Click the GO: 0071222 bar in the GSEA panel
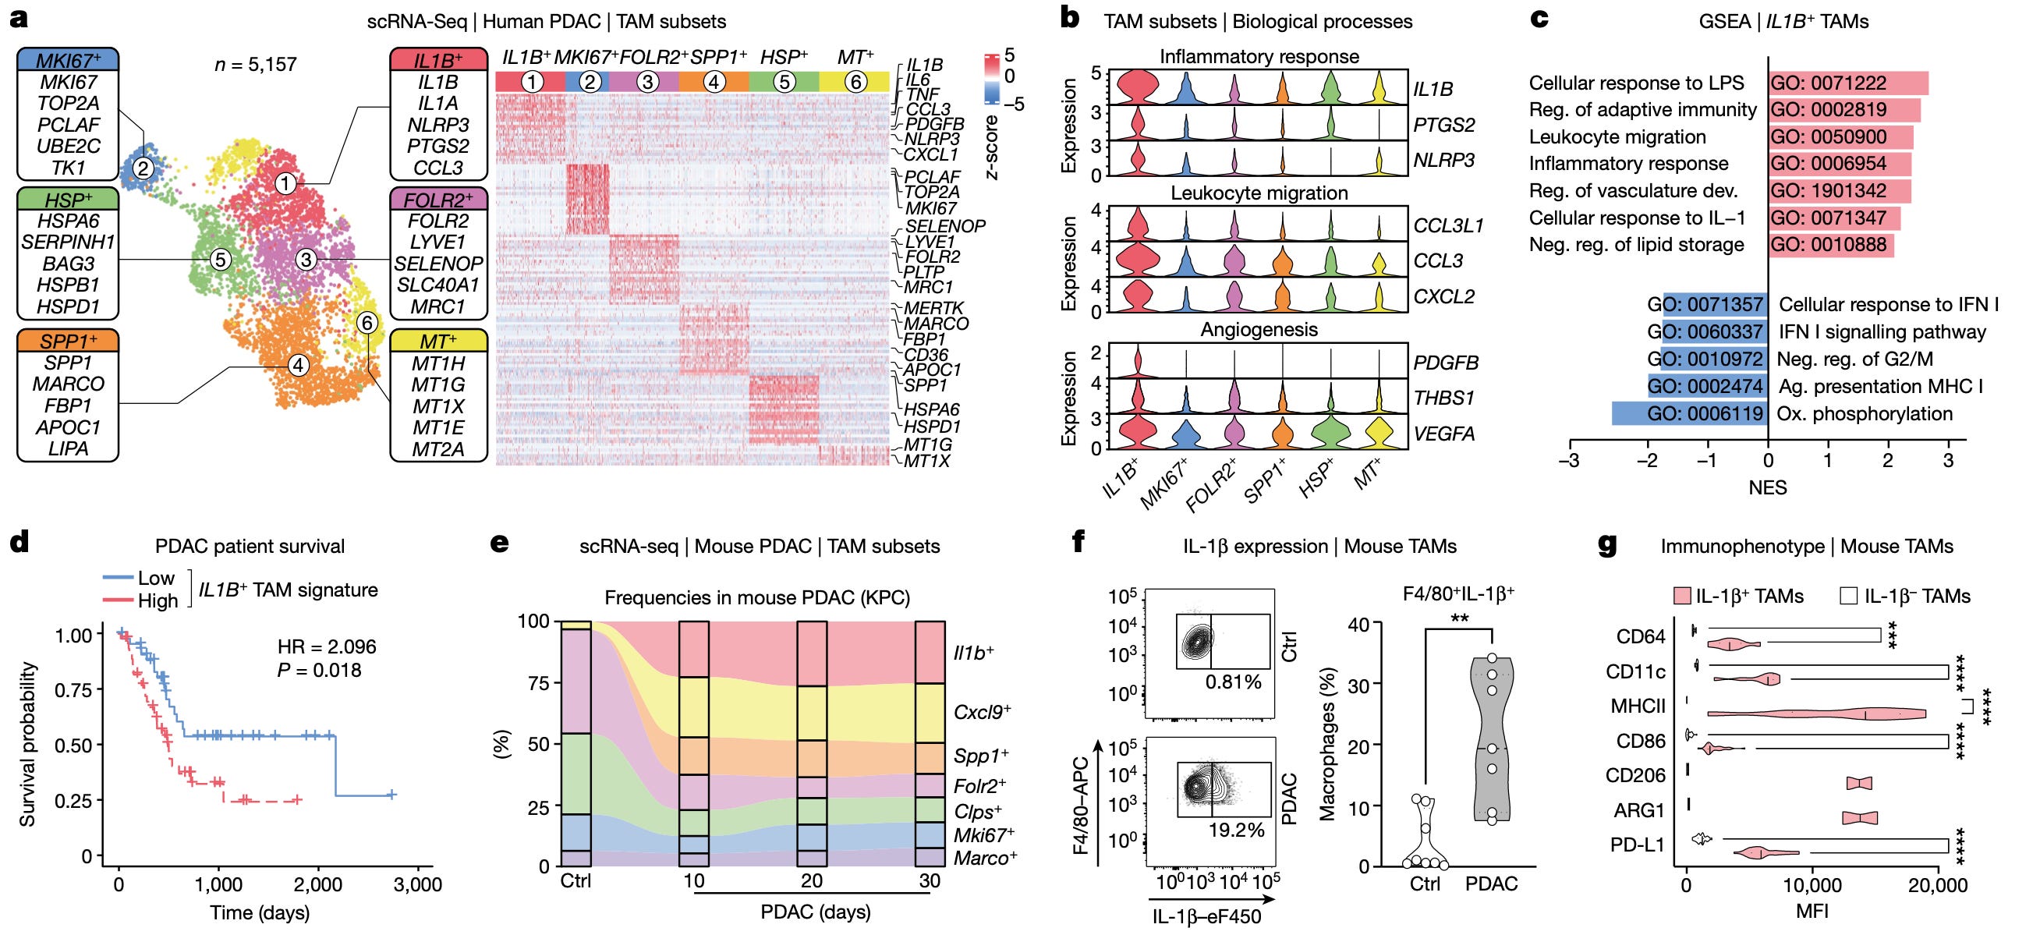point(1847,83)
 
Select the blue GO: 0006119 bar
point(1689,413)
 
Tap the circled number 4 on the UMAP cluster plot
point(298,365)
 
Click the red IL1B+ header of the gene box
point(438,59)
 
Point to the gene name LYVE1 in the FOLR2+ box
point(438,243)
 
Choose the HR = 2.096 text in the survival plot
point(326,646)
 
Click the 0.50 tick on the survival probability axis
point(73,745)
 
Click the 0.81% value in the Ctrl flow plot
point(1233,682)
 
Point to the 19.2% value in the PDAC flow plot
point(1235,830)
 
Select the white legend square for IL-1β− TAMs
point(1847,596)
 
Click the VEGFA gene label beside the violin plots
point(1443,433)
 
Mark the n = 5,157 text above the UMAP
point(255,64)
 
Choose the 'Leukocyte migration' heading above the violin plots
point(1259,193)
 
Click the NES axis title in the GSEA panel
point(1767,487)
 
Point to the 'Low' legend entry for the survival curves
point(155,578)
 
